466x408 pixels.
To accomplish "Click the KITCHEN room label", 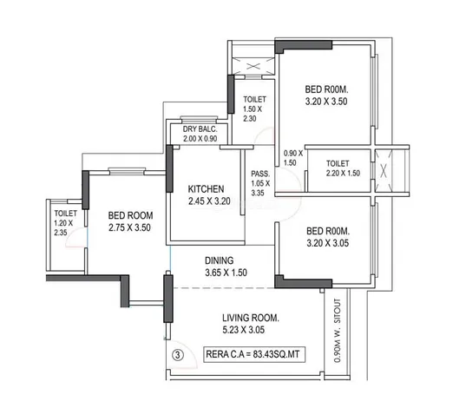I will point(207,188).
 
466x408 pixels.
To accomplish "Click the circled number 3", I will point(177,354).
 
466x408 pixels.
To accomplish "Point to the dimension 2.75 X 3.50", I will point(131,227).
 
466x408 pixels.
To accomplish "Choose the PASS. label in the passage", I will point(259,173).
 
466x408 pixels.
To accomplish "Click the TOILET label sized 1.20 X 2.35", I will point(65,212).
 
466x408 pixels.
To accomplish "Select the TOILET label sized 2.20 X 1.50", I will point(337,162).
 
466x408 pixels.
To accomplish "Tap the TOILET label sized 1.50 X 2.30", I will point(254,100).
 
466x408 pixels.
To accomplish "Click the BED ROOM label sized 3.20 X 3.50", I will point(325,89).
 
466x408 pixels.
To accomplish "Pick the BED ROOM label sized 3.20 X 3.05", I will point(326,232).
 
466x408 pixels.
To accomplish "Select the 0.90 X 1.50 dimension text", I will point(289,157).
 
